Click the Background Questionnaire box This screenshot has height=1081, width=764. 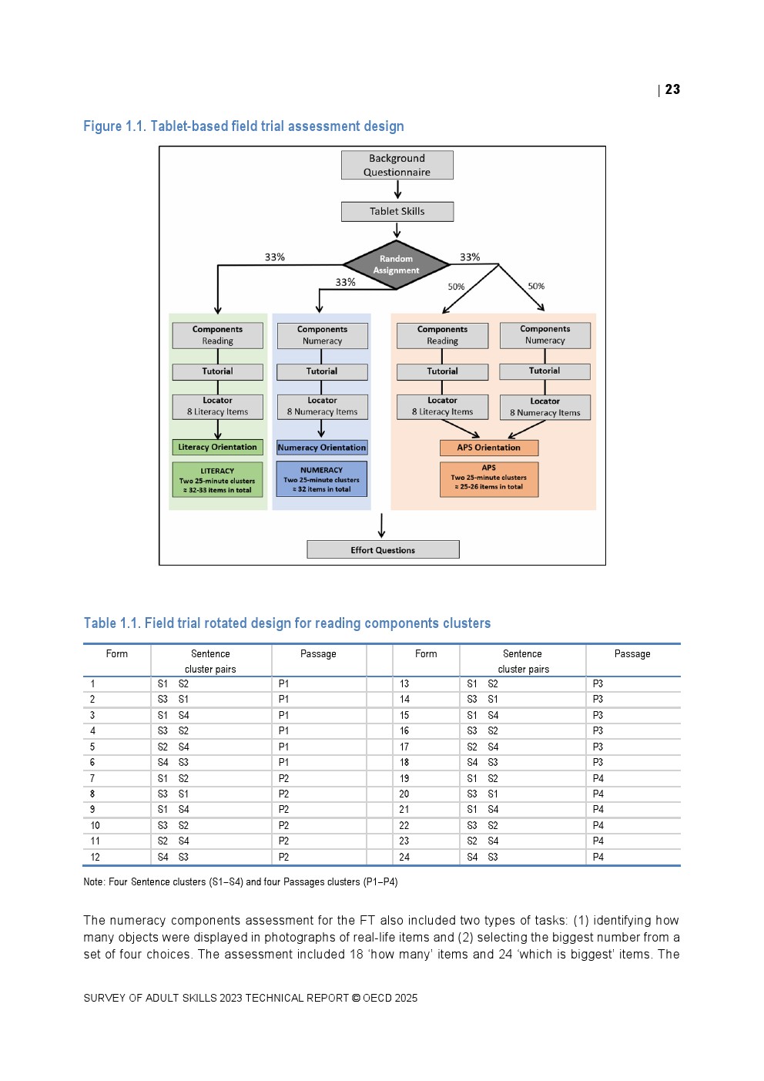(397, 165)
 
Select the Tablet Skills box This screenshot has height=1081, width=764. (397, 211)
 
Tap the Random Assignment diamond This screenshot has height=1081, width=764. (396, 265)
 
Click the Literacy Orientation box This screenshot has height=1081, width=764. (217, 447)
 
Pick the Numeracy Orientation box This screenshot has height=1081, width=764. (321, 448)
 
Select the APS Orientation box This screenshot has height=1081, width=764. (488, 448)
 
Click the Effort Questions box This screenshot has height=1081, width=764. (383, 549)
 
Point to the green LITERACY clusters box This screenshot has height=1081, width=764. (217, 480)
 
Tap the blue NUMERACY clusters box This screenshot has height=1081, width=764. (321, 479)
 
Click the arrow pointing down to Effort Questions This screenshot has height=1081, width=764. (381, 525)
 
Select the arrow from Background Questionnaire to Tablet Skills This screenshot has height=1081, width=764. (397, 190)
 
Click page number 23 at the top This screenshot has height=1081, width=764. (672, 89)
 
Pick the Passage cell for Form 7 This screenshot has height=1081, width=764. (283, 778)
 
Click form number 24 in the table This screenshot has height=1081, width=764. (404, 857)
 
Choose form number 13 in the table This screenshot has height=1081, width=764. (404, 683)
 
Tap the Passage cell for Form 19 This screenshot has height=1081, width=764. (598, 778)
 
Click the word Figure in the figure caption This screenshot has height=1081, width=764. (102, 126)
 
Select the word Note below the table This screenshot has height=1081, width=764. (93, 881)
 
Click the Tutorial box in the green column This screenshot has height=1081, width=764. (217, 371)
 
